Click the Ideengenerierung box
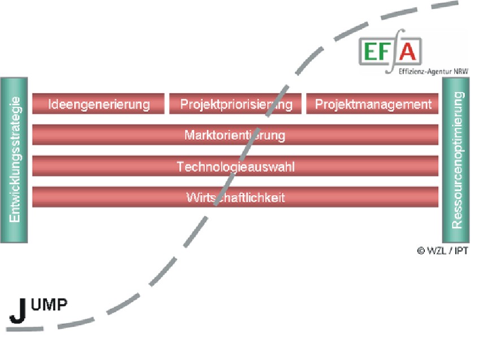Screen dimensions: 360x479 99,104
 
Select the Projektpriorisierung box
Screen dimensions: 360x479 236,104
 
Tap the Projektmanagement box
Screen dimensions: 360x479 373,104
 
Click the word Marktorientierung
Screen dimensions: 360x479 234,135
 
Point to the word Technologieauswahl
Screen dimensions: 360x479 236,167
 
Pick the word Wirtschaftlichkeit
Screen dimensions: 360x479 236,198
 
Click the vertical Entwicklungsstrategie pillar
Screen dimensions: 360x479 15,160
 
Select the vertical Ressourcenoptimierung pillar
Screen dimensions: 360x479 456,160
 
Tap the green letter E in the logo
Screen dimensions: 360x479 371,52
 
